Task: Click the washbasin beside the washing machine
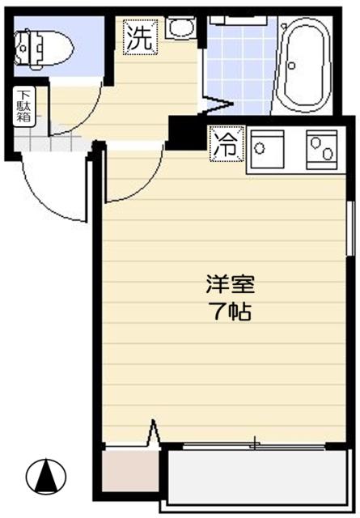[x=180, y=29]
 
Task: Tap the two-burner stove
[x=321, y=149]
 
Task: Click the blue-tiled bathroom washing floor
[x=240, y=65]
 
